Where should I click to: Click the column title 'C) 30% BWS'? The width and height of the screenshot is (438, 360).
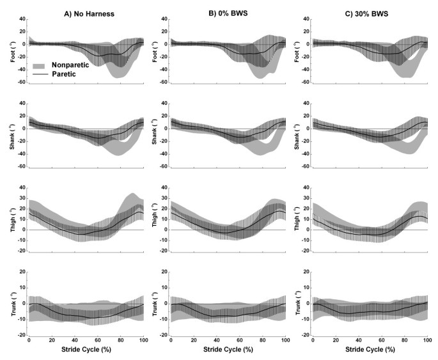(370, 7)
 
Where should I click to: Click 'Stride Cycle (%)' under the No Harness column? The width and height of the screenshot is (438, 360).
(86, 351)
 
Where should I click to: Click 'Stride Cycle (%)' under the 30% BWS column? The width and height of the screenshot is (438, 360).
(370, 351)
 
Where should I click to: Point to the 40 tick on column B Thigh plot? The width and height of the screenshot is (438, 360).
(163, 187)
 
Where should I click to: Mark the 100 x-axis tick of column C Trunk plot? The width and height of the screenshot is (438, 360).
(426, 341)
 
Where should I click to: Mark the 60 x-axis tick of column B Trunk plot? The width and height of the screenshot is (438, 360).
(239, 341)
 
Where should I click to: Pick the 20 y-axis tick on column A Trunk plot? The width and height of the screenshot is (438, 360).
(21, 272)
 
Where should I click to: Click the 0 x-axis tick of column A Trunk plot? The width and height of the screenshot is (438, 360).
(29, 341)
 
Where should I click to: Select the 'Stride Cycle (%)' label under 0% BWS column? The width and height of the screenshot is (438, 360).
(228, 351)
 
